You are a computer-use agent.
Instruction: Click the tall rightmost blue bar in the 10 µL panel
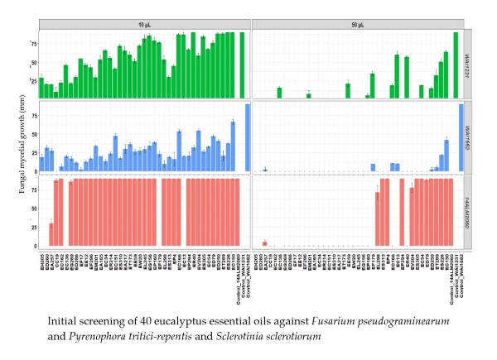click(x=247, y=137)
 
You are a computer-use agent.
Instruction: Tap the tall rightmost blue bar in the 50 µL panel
click(x=461, y=137)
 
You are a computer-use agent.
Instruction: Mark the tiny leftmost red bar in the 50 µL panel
click(x=264, y=243)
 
